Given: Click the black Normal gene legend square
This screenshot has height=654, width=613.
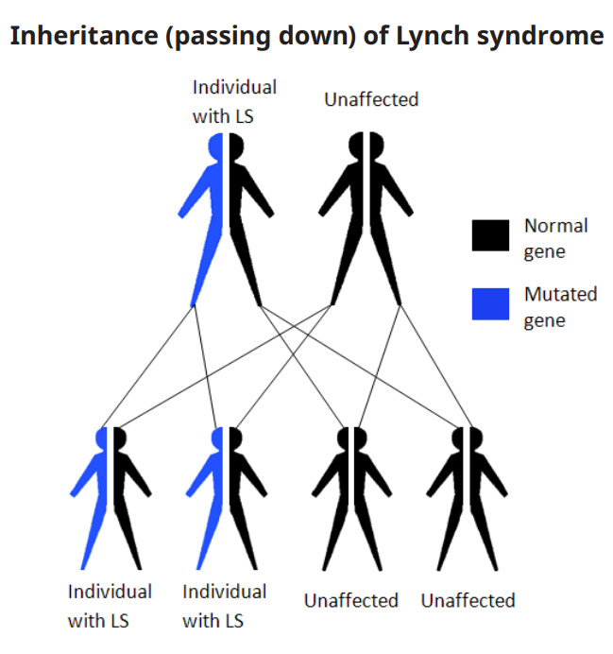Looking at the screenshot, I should tap(490, 234).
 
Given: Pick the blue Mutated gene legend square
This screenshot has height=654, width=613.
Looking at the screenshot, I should tap(490, 302).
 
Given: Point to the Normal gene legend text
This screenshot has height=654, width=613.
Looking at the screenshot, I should tap(555, 238).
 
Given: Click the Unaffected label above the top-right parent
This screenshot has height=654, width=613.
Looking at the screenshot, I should tap(370, 99).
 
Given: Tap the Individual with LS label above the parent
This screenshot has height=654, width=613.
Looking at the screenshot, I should tap(234, 101).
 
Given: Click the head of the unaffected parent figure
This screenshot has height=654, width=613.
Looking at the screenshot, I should tap(366, 146).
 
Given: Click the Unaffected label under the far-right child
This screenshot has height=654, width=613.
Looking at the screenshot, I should tap(468, 600).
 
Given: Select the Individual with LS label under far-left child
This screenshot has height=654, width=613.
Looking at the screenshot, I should tap(109, 606).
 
